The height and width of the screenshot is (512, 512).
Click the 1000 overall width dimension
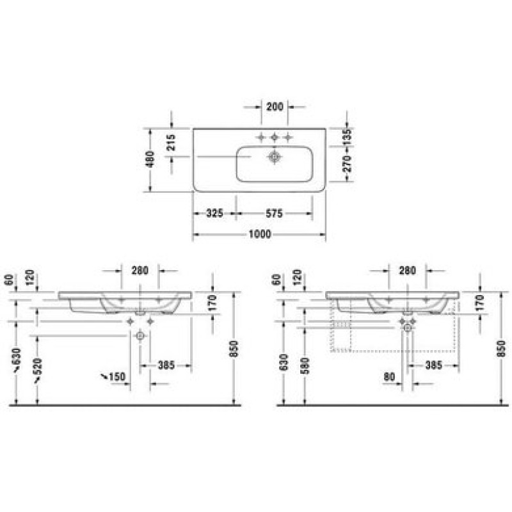click(x=260, y=234)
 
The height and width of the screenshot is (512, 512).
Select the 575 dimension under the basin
click(x=274, y=214)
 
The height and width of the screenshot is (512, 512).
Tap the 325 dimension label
click(x=215, y=214)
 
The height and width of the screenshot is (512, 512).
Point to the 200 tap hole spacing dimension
click(x=275, y=106)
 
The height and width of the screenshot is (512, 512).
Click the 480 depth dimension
click(x=150, y=159)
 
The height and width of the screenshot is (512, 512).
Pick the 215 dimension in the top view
click(x=171, y=142)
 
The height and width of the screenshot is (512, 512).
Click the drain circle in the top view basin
click(x=275, y=157)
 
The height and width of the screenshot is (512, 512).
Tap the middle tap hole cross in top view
click(x=275, y=138)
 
